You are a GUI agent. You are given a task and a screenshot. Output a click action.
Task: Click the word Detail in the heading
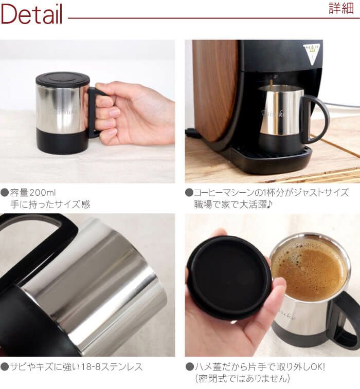(31, 14)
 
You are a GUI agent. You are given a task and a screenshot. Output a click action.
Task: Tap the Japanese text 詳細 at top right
(341, 8)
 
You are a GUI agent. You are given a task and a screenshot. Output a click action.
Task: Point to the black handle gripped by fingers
(93, 112)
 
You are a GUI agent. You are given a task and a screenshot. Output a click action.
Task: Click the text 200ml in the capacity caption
(43, 193)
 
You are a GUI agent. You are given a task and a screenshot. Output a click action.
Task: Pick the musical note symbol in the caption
(269, 205)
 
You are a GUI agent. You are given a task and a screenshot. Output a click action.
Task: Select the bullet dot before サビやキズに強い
(5, 367)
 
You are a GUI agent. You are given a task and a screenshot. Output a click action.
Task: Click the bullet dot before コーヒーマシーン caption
(189, 193)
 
